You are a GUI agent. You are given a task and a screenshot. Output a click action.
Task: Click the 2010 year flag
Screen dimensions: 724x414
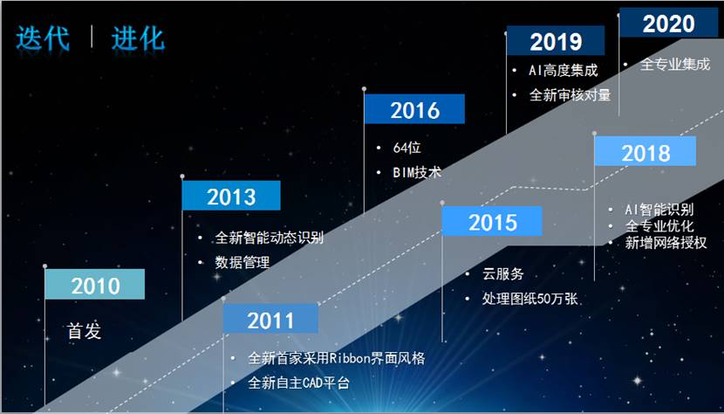[x=95, y=284]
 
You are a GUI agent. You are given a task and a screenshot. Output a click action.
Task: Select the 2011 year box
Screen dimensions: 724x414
[x=270, y=318]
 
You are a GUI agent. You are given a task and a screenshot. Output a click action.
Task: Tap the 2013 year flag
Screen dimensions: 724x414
[x=231, y=195]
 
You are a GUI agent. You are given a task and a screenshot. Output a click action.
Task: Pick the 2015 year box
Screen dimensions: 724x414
[x=492, y=221]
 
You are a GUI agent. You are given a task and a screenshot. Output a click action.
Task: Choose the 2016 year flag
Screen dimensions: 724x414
[x=414, y=109]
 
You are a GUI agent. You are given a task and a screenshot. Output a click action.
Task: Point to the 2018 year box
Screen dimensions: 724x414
[x=645, y=151]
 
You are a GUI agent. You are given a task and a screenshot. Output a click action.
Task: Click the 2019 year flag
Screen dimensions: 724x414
[x=556, y=41]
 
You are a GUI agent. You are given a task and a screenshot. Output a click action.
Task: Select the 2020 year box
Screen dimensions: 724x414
[x=668, y=23]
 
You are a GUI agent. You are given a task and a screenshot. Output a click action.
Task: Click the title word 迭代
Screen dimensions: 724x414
[x=43, y=38]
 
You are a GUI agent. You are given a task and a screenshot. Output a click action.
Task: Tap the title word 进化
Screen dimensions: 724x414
[x=138, y=38]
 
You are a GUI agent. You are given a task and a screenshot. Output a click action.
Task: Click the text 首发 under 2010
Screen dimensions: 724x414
[x=84, y=331]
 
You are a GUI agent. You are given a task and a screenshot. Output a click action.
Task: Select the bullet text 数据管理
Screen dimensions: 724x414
[x=242, y=262]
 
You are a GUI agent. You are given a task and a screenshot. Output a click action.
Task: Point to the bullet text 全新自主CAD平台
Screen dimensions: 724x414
[x=298, y=383]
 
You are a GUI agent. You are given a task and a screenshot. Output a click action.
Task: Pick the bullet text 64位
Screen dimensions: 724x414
[x=406, y=148]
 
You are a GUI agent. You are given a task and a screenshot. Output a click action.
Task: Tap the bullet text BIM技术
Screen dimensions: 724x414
[x=417, y=172]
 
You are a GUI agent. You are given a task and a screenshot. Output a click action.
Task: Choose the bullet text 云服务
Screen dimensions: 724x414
[x=502, y=274]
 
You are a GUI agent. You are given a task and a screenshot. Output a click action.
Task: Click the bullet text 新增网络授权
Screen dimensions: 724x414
[x=666, y=243]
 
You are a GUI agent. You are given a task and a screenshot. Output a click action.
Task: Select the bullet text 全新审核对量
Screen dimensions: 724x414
[x=570, y=95]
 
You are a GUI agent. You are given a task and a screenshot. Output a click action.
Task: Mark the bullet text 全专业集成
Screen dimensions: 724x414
[x=675, y=64]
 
